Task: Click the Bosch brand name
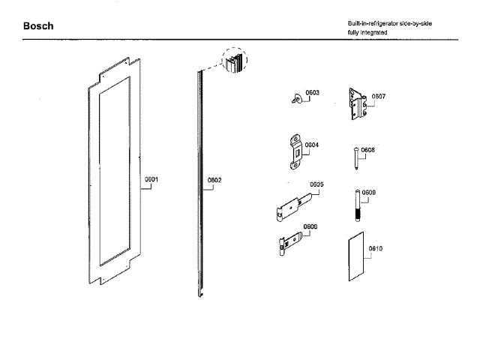[x=38, y=26]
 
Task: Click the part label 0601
[x=151, y=179]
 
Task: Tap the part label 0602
[x=214, y=180]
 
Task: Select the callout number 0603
[x=313, y=92]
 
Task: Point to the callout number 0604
[x=312, y=145]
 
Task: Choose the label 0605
[x=316, y=184]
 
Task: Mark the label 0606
[x=310, y=226]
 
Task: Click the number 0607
[x=379, y=96]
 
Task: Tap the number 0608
[x=367, y=150]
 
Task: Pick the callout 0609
[x=368, y=193]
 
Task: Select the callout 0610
[x=375, y=248]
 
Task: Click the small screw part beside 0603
[x=295, y=97]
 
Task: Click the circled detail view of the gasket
[x=235, y=58]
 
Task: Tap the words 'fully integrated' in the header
[x=367, y=34]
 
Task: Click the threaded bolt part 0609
[x=357, y=204]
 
